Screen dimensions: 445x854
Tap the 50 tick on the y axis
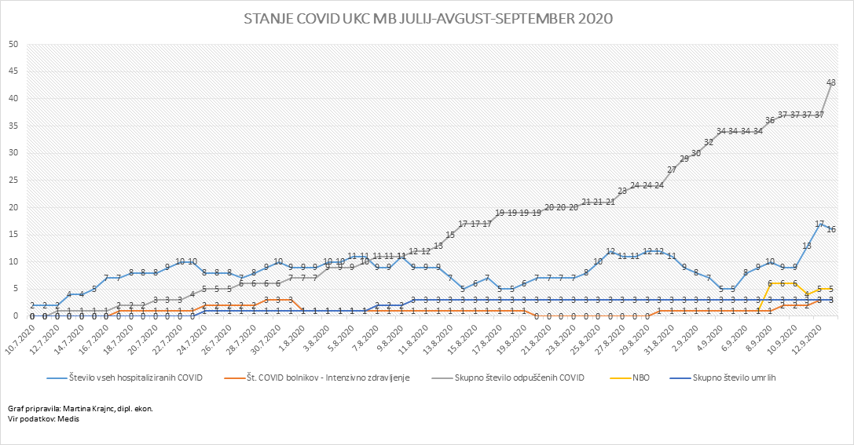click(x=13, y=45)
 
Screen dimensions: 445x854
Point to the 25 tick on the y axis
click(x=13, y=181)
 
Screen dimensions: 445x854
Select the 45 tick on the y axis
click(x=13, y=71)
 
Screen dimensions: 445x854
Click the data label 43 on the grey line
click(x=831, y=82)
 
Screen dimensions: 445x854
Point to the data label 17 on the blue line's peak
click(x=819, y=224)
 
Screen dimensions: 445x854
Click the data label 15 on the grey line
click(x=451, y=235)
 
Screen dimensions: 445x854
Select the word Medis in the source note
click(x=68, y=418)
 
